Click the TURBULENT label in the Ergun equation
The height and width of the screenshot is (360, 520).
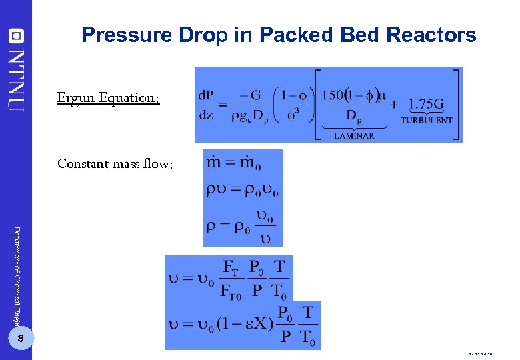click(426, 121)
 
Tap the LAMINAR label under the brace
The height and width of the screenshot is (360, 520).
click(354, 136)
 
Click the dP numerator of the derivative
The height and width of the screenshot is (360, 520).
click(207, 95)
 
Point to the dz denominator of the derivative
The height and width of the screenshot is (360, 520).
click(206, 115)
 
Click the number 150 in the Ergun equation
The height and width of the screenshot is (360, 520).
click(331, 95)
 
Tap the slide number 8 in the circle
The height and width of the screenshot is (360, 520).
click(21, 340)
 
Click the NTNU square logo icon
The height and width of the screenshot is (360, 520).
click(16, 34)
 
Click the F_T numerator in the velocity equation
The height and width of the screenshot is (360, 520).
click(229, 269)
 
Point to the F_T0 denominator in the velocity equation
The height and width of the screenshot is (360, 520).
click(231, 291)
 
